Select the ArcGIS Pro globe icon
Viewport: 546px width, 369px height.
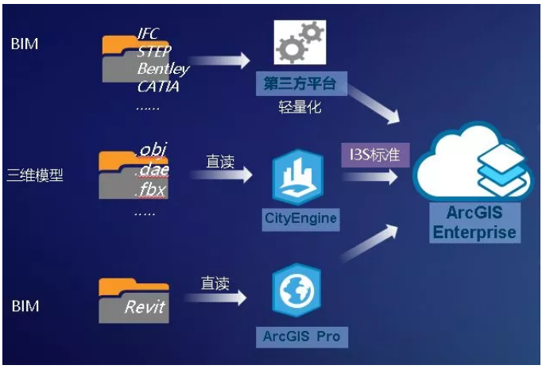point(299,292)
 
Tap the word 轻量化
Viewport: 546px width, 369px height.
point(299,107)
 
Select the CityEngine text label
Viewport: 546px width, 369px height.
point(300,217)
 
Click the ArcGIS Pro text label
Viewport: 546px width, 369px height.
point(301,336)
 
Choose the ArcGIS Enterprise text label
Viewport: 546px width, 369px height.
point(475,222)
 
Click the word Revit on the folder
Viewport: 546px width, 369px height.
point(145,306)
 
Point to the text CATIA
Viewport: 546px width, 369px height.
point(157,86)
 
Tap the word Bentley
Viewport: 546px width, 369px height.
point(163,69)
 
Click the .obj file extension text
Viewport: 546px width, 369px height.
point(153,150)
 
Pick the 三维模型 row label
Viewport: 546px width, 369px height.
point(34,174)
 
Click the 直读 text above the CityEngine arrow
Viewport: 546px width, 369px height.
point(220,162)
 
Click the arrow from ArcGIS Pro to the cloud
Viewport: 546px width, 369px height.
point(369,243)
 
